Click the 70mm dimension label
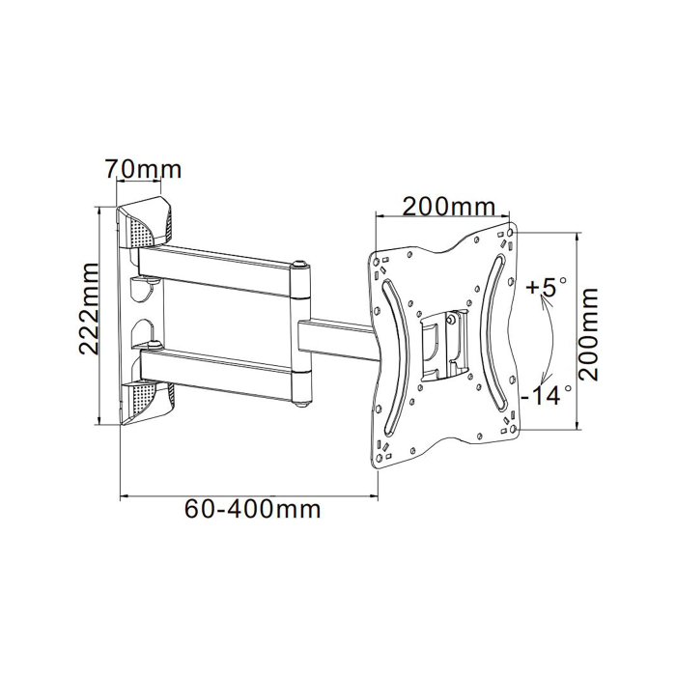point(144,169)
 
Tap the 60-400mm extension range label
point(253,509)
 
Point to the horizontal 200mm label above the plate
point(448,207)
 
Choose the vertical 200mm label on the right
point(588,334)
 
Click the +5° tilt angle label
point(547,288)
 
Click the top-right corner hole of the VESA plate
point(511,233)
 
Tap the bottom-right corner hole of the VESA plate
point(513,429)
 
